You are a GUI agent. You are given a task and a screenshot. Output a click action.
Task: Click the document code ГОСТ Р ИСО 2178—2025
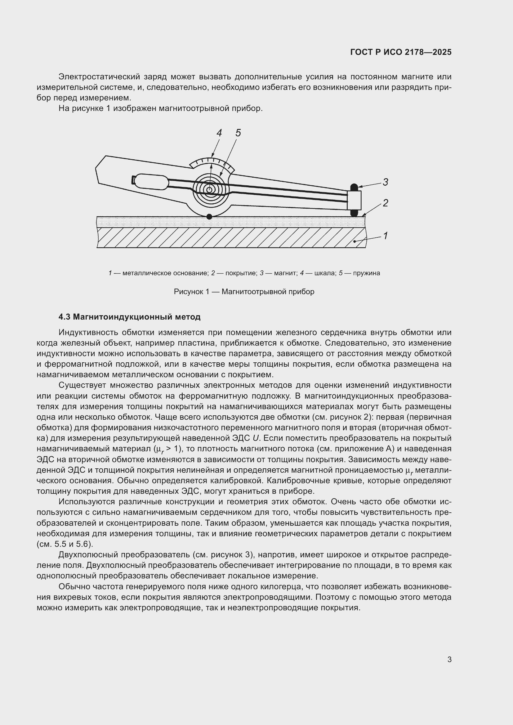[400, 52]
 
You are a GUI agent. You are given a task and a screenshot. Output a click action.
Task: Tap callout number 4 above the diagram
[219, 133]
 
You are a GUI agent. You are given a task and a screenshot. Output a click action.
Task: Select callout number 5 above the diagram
[238, 133]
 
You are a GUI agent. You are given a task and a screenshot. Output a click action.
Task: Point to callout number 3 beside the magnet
[385, 182]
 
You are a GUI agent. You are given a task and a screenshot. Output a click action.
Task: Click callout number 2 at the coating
[385, 203]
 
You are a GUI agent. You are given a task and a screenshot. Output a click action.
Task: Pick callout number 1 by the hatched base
[385, 236]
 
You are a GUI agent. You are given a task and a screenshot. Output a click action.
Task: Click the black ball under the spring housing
[209, 217]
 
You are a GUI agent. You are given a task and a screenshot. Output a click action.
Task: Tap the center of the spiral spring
[209, 190]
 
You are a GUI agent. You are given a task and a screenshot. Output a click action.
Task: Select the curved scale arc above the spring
[212, 162]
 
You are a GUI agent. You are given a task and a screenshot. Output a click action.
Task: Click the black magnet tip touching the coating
[354, 214]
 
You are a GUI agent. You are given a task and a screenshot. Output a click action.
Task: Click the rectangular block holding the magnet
[354, 200]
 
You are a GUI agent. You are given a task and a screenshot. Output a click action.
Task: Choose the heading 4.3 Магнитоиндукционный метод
[130, 317]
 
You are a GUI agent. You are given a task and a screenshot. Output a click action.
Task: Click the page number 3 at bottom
[449, 659]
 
